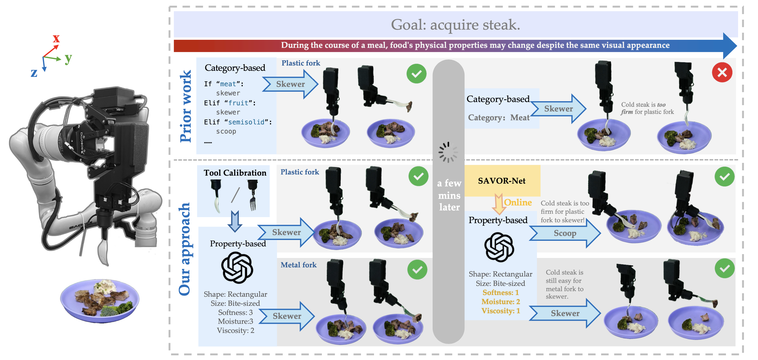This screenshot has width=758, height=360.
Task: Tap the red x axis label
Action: (x=56, y=38)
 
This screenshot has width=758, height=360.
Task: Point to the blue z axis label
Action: (x=34, y=73)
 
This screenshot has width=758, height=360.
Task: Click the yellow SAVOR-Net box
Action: (x=502, y=181)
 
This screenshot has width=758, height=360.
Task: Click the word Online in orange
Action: (x=518, y=202)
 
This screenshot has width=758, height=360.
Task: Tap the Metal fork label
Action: (x=298, y=265)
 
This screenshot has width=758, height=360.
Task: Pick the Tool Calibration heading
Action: (x=235, y=173)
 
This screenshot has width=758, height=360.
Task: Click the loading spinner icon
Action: (x=448, y=152)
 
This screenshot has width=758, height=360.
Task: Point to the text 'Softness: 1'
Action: (x=500, y=293)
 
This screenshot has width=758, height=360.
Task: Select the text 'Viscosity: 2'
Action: (x=235, y=331)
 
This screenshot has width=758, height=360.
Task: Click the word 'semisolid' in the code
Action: (x=246, y=122)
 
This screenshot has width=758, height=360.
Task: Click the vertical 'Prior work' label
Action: (x=186, y=106)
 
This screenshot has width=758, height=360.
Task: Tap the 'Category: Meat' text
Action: (x=499, y=118)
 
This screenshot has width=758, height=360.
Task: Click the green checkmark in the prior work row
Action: (x=416, y=74)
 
